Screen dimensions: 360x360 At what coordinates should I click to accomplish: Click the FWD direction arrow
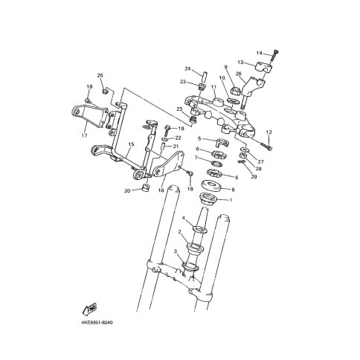tap(90, 309)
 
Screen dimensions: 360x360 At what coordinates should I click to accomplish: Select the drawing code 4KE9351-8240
tap(97, 323)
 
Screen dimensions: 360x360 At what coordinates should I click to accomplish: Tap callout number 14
tap(259, 53)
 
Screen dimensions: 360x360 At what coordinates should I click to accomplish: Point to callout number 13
tap(240, 62)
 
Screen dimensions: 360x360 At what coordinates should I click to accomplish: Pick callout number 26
tap(238, 74)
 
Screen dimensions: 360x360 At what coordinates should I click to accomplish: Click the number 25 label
tap(100, 75)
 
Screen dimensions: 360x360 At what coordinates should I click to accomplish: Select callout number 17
tap(84, 135)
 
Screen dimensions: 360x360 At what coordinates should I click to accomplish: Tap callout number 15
tap(131, 144)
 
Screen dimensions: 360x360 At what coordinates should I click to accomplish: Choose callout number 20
tap(127, 191)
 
